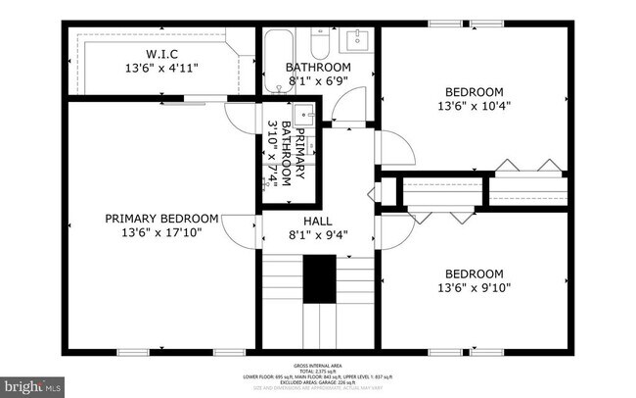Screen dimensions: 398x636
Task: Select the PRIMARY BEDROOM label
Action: (x=161, y=219)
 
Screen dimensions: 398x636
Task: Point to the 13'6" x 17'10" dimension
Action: (x=161, y=233)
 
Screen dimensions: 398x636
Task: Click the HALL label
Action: (x=318, y=221)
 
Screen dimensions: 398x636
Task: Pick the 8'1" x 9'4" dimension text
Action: (x=318, y=235)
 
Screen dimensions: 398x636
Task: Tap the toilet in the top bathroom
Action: (x=320, y=44)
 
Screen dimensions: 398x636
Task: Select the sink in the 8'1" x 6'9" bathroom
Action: (x=355, y=41)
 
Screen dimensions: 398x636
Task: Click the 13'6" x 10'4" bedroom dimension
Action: (x=475, y=105)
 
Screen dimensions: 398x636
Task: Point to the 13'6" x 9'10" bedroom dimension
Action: (x=475, y=288)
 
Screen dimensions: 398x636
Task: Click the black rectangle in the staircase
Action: (x=318, y=279)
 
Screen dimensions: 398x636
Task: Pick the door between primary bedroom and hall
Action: (x=239, y=230)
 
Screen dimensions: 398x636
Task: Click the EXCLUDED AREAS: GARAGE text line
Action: (x=318, y=382)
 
